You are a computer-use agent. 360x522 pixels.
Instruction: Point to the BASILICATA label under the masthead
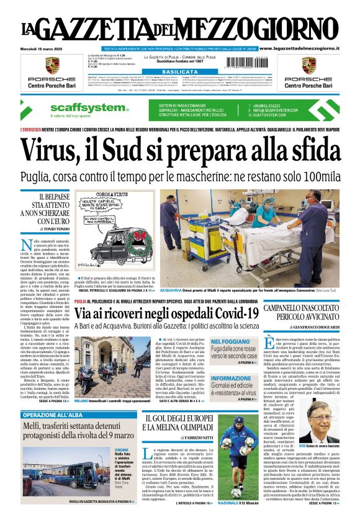pos(180,72)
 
